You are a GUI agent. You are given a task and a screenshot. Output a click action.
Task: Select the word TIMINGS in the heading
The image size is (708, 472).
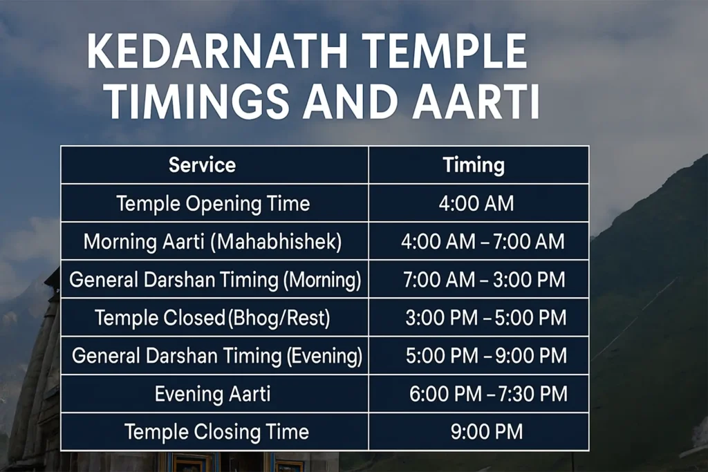tap(197, 104)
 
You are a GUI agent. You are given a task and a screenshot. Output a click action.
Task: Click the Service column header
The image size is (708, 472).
tap(202, 165)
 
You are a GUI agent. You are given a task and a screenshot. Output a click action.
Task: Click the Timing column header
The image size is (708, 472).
tap(474, 165)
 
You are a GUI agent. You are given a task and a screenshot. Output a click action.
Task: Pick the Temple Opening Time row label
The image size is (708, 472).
tap(213, 204)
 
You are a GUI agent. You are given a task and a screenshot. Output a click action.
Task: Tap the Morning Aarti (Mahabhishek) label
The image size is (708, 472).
tap(213, 242)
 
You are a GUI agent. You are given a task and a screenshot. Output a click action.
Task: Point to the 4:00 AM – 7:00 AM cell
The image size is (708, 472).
tap(483, 242)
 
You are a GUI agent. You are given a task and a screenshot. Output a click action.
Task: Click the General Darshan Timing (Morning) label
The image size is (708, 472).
tap(215, 280)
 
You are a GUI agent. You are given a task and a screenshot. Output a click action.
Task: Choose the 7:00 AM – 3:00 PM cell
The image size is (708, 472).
tap(484, 280)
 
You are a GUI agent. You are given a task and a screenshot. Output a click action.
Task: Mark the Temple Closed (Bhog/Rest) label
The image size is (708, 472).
tap(212, 318)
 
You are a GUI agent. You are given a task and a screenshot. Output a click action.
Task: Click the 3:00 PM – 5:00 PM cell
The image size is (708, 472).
tap(485, 318)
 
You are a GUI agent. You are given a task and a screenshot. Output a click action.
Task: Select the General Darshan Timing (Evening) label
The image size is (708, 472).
tap(217, 356)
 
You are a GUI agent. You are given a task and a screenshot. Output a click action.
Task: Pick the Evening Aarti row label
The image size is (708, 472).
tap(212, 394)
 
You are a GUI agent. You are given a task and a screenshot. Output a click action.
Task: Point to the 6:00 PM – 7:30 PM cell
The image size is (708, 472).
tap(488, 394)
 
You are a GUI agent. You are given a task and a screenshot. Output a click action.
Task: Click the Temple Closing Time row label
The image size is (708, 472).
tap(216, 433)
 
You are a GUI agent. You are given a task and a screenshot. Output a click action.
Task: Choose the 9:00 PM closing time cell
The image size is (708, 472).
tap(486, 433)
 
